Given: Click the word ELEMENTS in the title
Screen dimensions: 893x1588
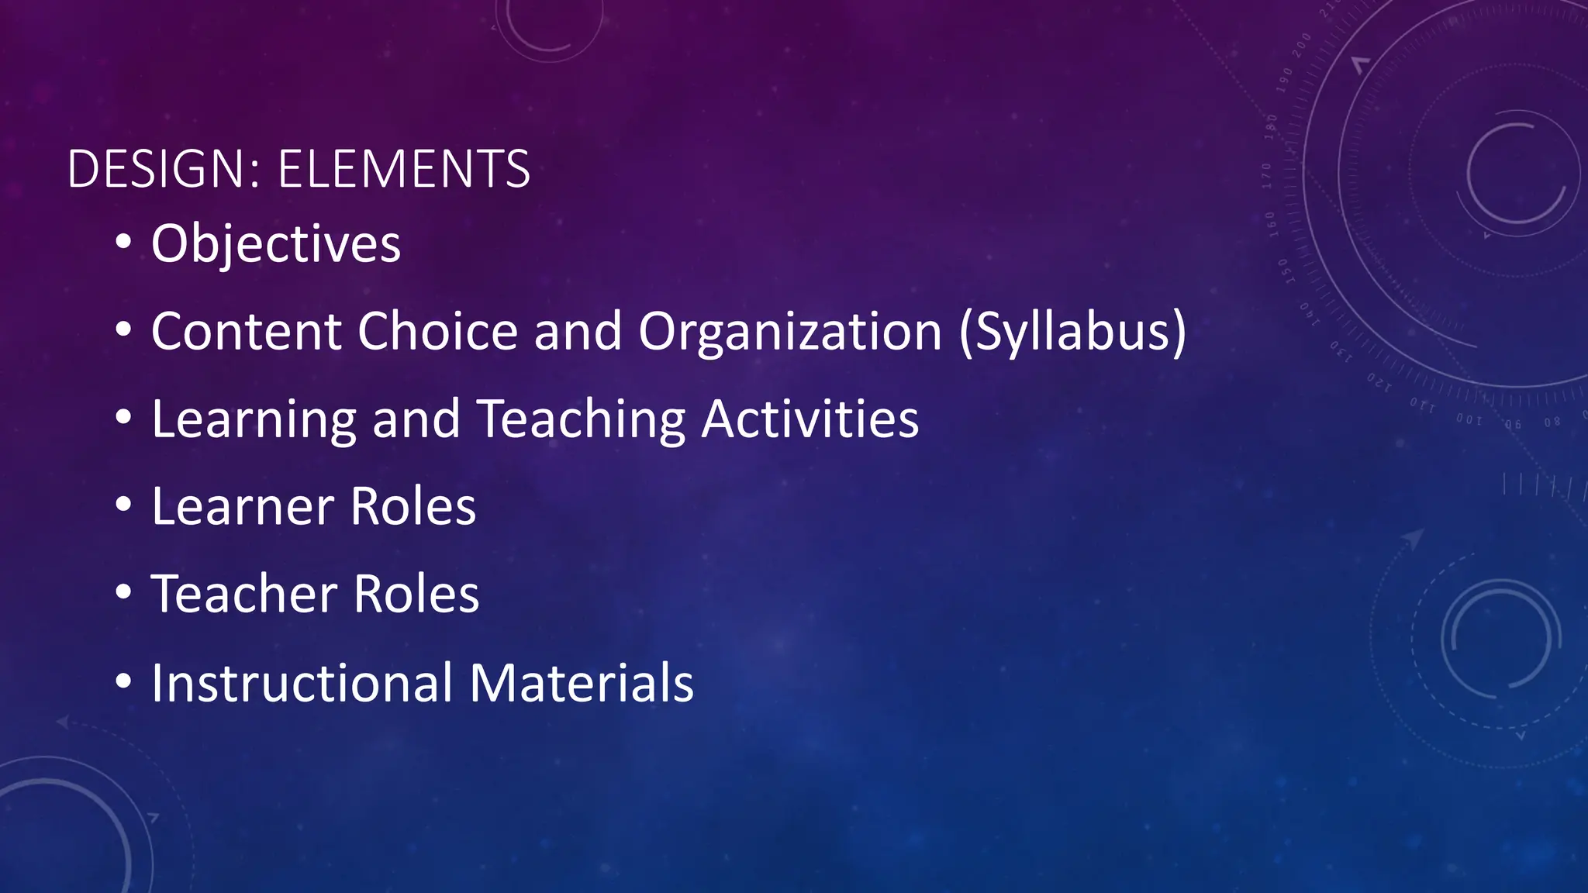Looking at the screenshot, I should [x=403, y=169].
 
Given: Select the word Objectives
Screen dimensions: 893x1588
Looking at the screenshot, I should [x=276, y=244].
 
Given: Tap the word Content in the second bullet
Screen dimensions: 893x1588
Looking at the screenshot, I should [x=246, y=332].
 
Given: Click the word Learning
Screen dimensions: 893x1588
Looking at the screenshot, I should [x=254, y=420].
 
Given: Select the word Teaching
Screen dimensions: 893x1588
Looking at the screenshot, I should [x=581, y=420].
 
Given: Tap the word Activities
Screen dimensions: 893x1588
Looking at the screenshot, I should [x=810, y=419].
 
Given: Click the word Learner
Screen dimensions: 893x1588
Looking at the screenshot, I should [x=243, y=507].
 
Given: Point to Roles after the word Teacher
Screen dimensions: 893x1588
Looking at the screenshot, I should [x=416, y=595].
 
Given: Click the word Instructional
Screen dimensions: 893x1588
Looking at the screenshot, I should [x=302, y=683].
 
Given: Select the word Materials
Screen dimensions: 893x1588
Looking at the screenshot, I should [x=582, y=683].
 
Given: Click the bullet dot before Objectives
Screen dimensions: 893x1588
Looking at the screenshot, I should [x=123, y=242].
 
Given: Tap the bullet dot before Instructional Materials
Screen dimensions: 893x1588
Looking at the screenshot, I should [x=123, y=681].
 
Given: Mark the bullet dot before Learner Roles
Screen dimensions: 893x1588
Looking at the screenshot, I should [x=123, y=505].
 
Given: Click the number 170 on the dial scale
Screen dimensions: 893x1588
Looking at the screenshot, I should [x=1267, y=176].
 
